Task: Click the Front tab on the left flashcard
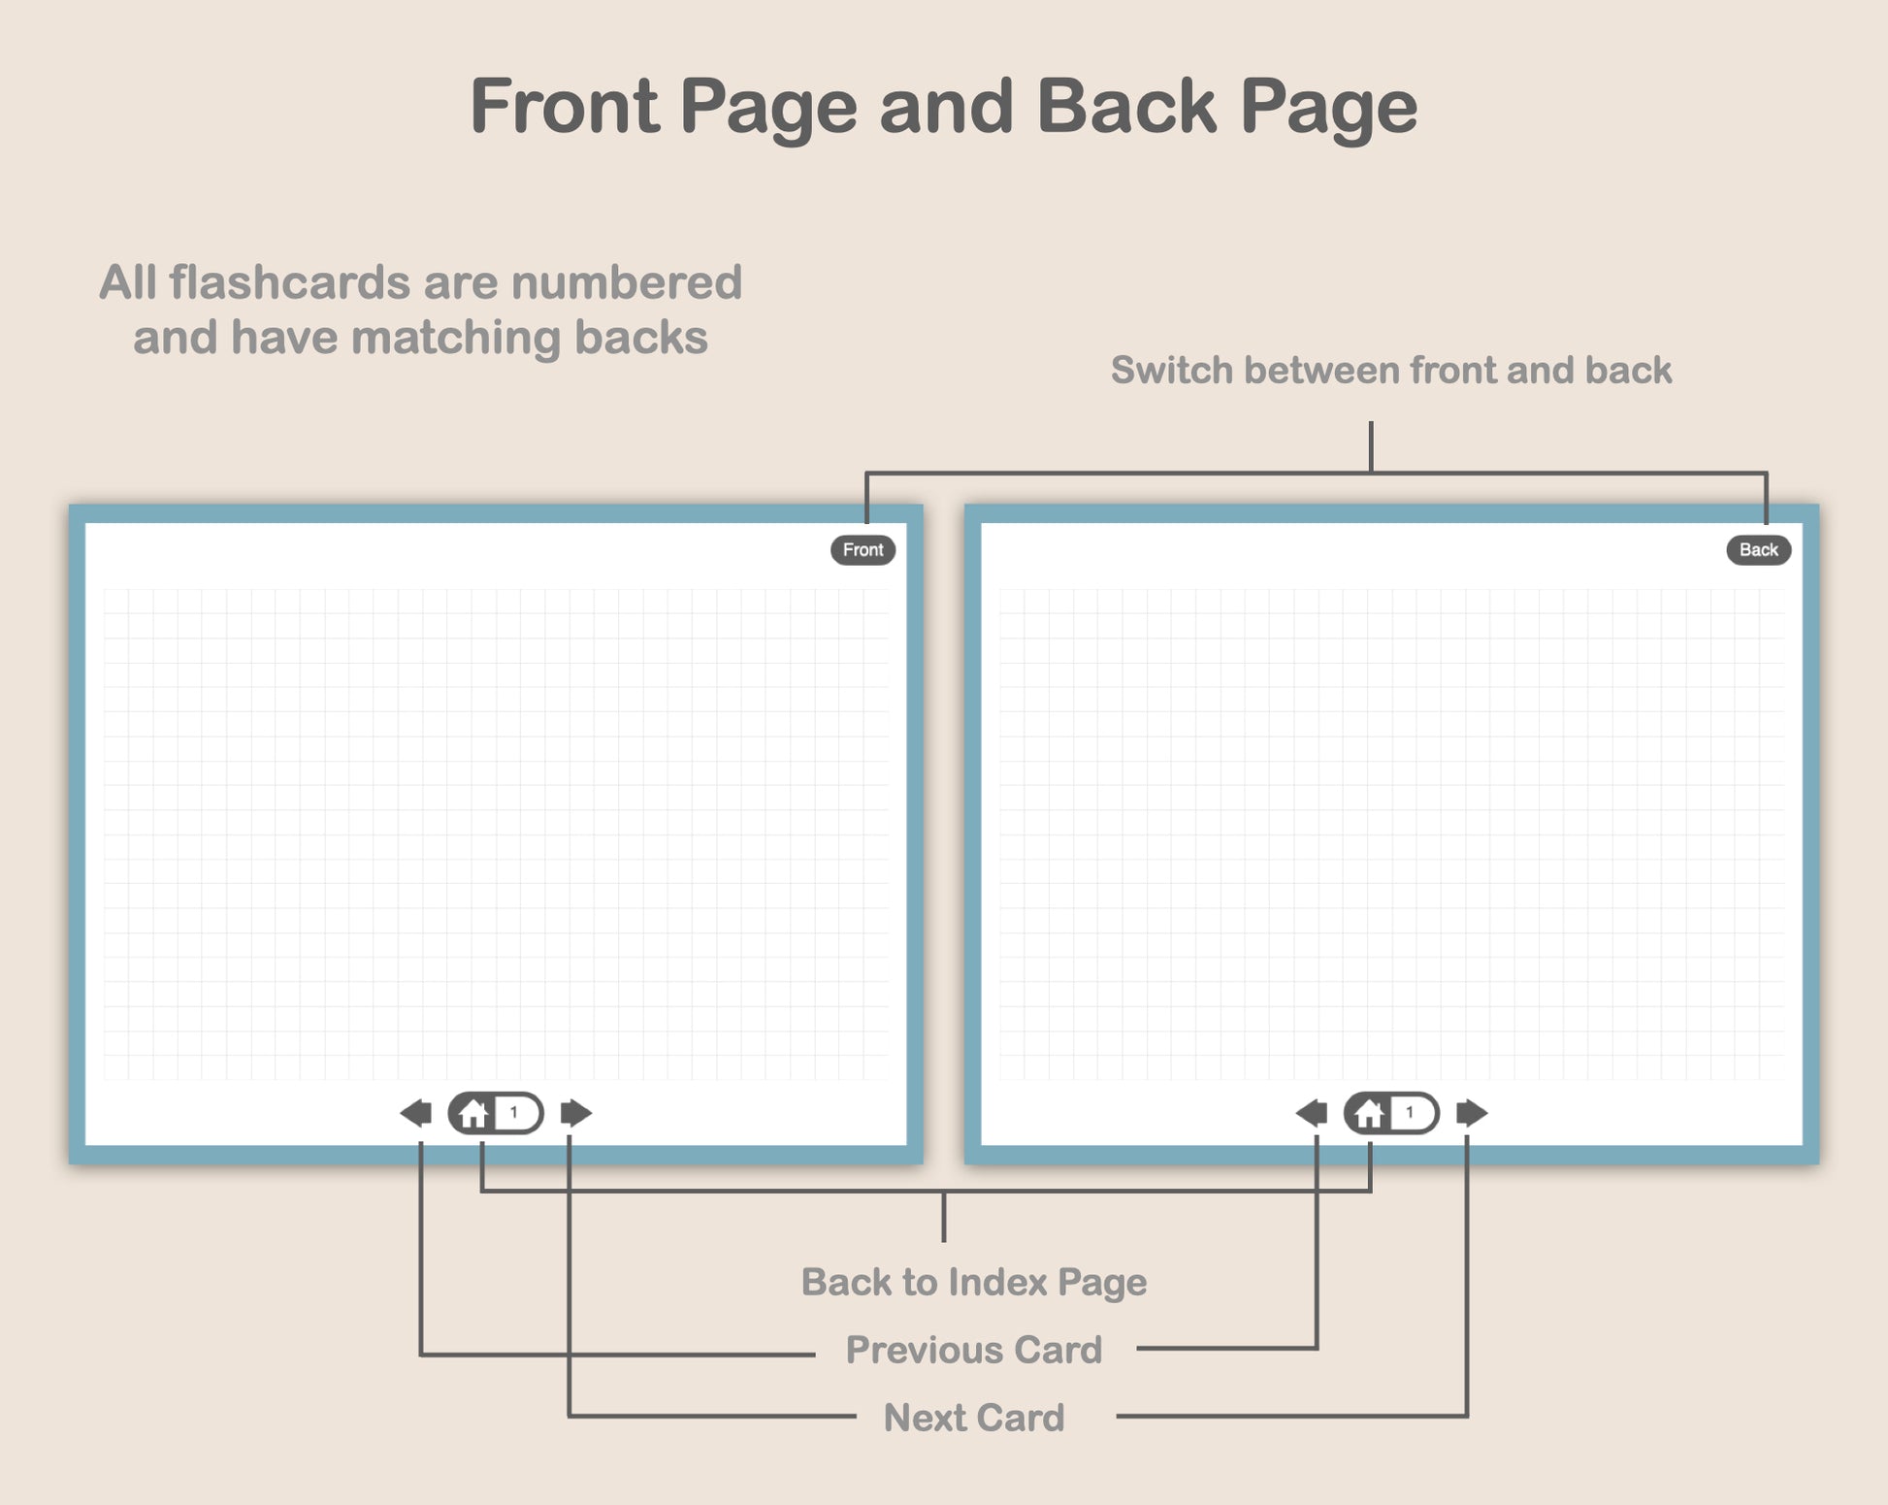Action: (x=863, y=550)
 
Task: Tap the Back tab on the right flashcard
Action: (x=1758, y=550)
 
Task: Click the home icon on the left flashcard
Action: (x=473, y=1113)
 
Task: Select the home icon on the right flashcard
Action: (x=1369, y=1113)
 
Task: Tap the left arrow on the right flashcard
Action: (x=1312, y=1113)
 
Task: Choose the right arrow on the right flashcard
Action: (x=1472, y=1113)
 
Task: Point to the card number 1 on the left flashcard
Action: (x=514, y=1113)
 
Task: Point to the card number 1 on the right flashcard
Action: (x=1410, y=1113)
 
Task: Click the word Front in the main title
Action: (x=564, y=106)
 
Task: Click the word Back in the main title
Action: (x=1126, y=106)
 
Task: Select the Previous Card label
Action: (x=974, y=1350)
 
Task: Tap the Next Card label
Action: (x=974, y=1418)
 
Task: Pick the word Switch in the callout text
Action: (x=1172, y=370)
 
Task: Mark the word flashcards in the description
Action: (x=290, y=282)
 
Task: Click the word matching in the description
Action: (x=456, y=339)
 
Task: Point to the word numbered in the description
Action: (x=627, y=282)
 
